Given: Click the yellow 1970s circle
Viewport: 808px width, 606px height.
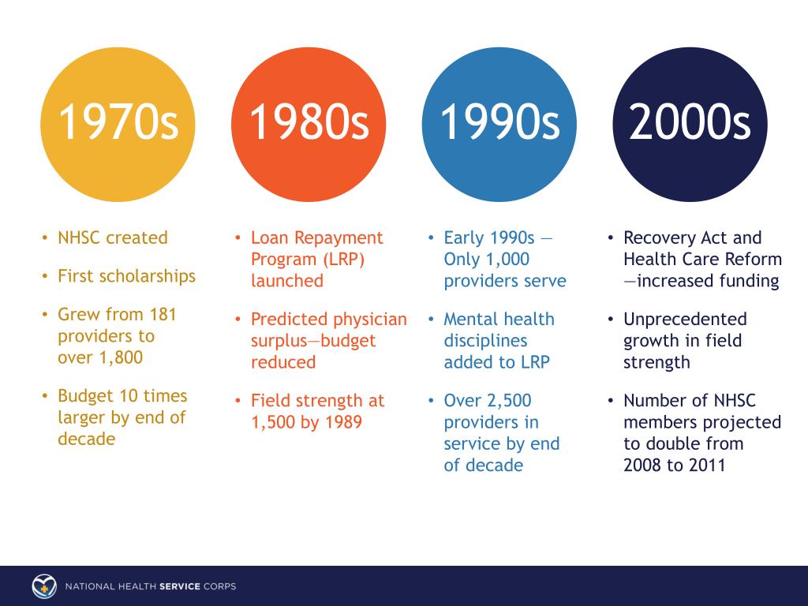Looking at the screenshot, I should pos(118,125).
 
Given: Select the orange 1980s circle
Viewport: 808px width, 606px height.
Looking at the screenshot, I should pos(309,125).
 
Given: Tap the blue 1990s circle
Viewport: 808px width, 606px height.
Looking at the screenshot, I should pos(499,125).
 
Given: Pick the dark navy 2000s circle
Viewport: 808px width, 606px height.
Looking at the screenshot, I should pos(690,125).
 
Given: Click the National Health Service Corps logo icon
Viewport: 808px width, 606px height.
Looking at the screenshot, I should pos(44,586).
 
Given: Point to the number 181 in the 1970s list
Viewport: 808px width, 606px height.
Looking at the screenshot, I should pos(162,314).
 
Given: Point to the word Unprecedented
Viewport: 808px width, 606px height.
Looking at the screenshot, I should pos(685,320).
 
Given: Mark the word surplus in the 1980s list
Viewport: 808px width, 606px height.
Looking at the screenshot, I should pos(279,341).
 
